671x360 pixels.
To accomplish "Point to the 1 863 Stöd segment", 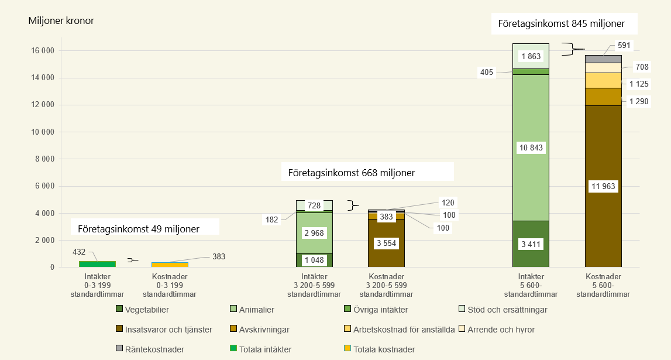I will (x=531, y=56).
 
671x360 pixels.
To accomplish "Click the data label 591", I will (x=625, y=45).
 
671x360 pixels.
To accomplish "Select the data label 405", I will (x=487, y=73).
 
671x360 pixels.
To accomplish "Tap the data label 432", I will (x=80, y=251).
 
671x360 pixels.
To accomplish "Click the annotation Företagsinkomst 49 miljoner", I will (x=144, y=228).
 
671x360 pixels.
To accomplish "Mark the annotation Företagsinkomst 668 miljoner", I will (x=352, y=173).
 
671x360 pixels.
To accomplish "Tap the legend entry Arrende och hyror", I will (x=500, y=330).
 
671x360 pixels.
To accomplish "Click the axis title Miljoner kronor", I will (x=61, y=21).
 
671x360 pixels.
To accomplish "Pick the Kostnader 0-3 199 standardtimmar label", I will (x=170, y=285).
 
